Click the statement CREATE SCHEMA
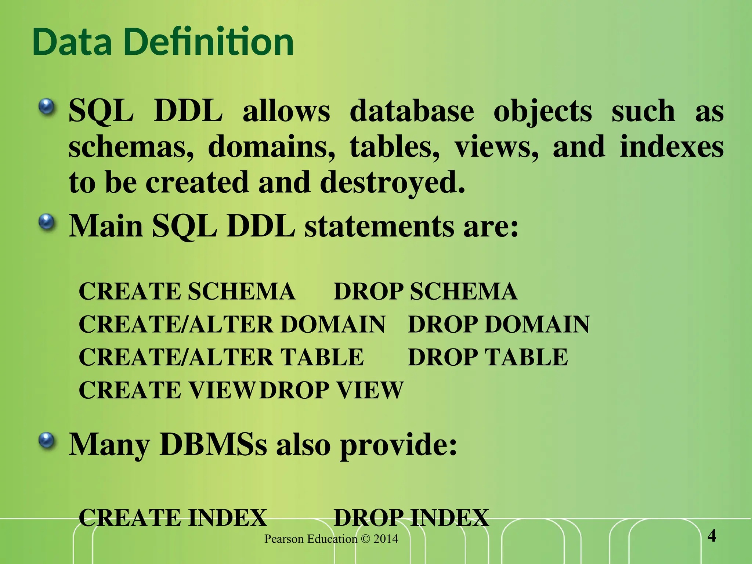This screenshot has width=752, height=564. pos(187,292)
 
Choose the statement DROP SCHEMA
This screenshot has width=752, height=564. pos(425,292)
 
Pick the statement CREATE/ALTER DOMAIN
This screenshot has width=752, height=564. pos(232,325)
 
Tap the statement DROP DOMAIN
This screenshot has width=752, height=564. pos(499,325)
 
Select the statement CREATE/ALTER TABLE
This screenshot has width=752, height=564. pos(221,357)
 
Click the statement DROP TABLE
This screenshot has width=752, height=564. pos(488,357)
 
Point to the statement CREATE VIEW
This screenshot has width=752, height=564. pos(167,390)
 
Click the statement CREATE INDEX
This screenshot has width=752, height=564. pos(173,518)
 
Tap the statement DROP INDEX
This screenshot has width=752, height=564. pos(411,518)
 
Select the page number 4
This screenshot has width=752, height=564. pos(712,536)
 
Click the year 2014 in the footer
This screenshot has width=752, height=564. pos(386,539)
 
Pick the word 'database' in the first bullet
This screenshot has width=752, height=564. pos(412,111)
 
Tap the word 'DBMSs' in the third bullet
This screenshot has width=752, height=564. pos(213,444)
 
